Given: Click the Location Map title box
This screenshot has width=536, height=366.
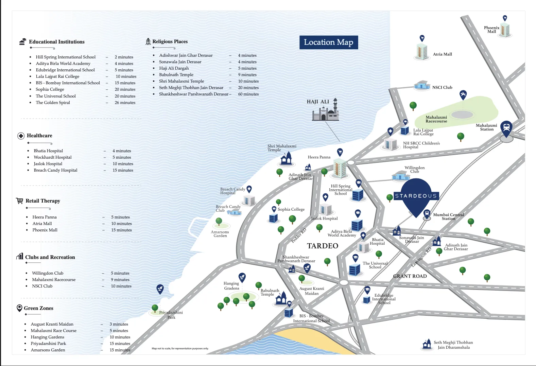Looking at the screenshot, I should point(328,42).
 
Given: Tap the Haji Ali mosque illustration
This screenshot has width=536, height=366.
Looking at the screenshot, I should point(326,111).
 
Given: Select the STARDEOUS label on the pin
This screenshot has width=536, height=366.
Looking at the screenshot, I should point(416,196).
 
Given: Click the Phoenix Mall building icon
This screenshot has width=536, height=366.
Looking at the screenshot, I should point(505,30).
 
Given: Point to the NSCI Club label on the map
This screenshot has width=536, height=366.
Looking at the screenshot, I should point(442,87).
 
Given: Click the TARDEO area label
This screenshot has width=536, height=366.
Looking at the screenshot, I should point(323,246).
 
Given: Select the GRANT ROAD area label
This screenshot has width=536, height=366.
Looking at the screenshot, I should point(410,276).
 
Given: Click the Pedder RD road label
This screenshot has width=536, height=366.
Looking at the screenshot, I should point(299,236).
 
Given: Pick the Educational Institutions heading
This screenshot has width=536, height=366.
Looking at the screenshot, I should point(57,42).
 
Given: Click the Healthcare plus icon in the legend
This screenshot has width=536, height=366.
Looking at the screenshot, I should point(21,136).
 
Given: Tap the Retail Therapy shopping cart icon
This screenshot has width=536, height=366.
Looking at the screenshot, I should point(20,201).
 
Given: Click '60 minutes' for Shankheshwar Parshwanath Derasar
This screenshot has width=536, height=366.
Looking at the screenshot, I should point(248,94).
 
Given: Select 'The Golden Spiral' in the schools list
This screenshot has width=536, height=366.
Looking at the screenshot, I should point(53,103).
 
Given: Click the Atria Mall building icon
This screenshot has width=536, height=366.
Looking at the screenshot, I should point(422,52).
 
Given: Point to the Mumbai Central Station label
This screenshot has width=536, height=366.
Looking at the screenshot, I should point(448,216).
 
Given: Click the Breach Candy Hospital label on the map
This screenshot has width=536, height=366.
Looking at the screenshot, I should point(232,191).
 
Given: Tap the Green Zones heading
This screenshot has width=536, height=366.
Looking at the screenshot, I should point(38,308).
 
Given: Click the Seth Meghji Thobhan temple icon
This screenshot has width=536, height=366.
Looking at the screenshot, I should point(427,344).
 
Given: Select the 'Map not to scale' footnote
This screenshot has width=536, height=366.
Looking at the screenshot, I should point(180,348).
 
